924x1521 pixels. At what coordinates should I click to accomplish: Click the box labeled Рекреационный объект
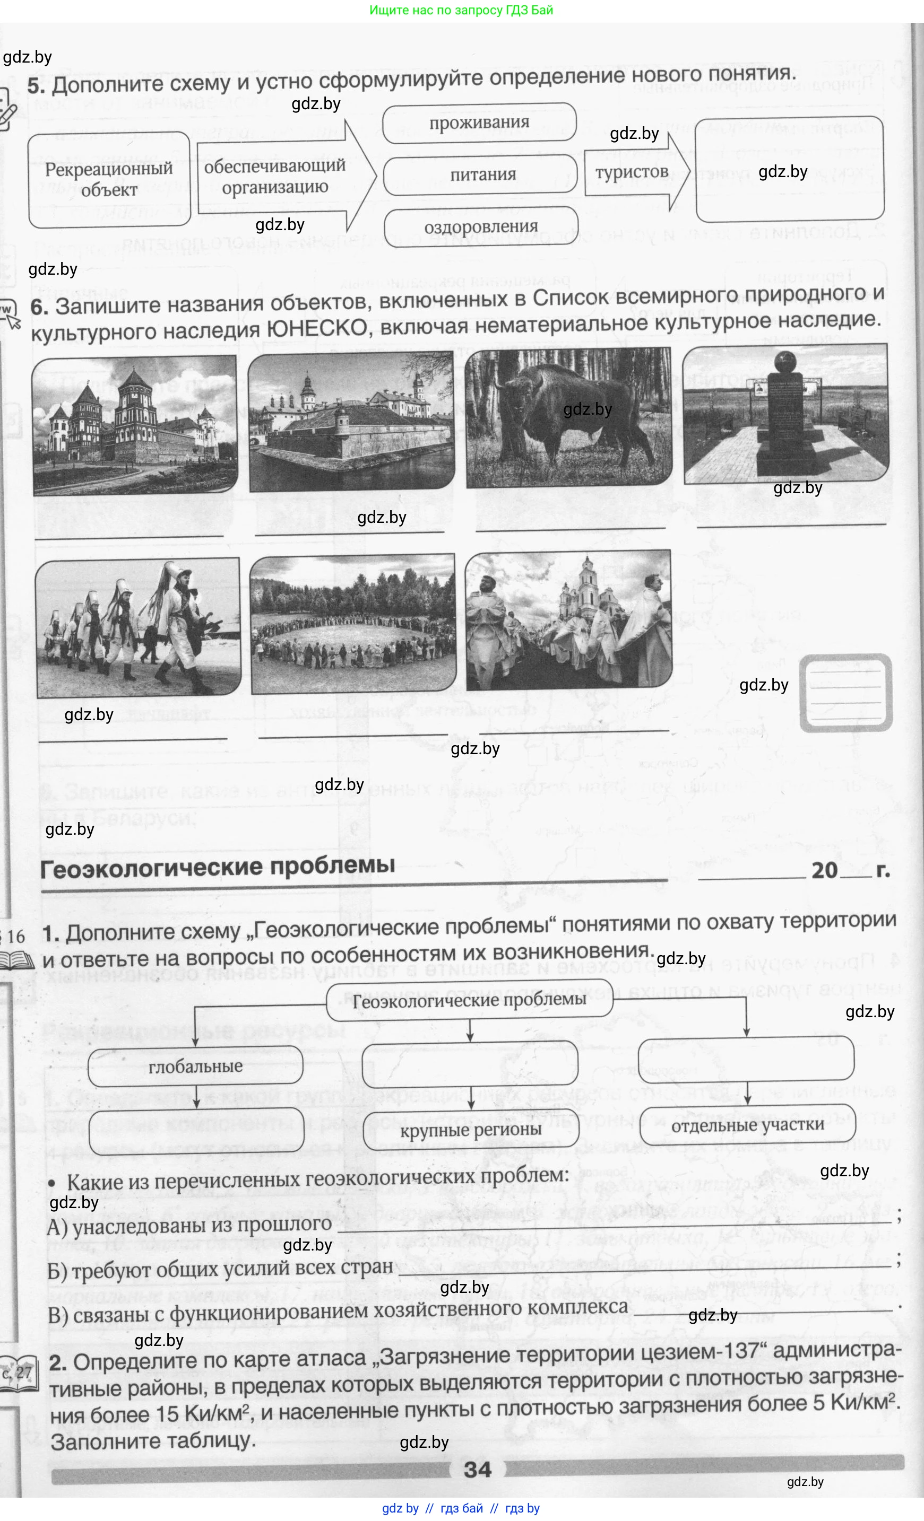point(109,180)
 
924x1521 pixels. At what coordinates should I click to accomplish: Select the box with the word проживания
point(479,123)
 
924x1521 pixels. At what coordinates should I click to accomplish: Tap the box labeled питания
point(482,174)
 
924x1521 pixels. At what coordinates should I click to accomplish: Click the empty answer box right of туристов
point(789,169)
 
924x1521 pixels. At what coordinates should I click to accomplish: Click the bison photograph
point(568,417)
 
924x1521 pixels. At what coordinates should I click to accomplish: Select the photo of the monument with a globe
point(785,414)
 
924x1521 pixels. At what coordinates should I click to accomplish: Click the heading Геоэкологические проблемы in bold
point(218,867)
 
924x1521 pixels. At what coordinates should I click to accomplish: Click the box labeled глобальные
point(195,1066)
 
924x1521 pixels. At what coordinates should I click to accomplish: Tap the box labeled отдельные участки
point(747,1125)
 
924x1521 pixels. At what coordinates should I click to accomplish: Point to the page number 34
point(478,1469)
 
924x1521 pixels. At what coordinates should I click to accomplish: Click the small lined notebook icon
point(845,693)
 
